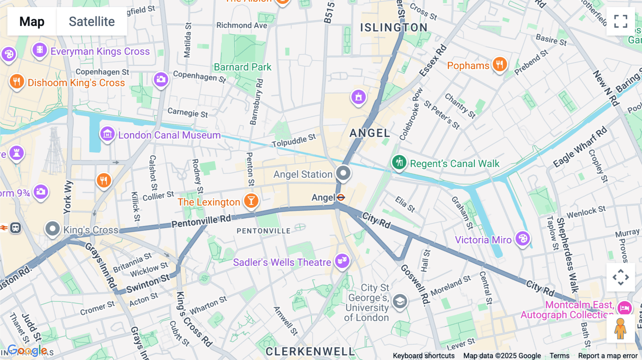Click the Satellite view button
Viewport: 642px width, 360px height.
92,21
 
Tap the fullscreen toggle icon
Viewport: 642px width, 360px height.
621,21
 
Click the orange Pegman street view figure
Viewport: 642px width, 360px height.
621,329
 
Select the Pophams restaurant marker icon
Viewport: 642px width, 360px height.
500,65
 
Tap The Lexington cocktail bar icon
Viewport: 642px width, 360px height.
251,201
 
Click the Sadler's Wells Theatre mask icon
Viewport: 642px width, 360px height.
342,261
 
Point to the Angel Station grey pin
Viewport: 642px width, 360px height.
343,174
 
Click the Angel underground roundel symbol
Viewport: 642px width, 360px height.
341,197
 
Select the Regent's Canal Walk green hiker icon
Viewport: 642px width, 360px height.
399,163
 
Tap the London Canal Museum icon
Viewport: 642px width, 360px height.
107,134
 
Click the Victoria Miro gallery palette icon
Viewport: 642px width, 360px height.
523,239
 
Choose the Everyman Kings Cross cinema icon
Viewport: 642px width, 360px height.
40,50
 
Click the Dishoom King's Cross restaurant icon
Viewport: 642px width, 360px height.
16,82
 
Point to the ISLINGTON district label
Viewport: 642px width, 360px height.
394,27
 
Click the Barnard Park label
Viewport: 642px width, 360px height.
243,67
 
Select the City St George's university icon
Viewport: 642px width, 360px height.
400,302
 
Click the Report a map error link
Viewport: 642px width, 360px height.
608,355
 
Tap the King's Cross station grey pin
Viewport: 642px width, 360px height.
52,229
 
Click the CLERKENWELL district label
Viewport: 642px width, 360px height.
310,351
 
